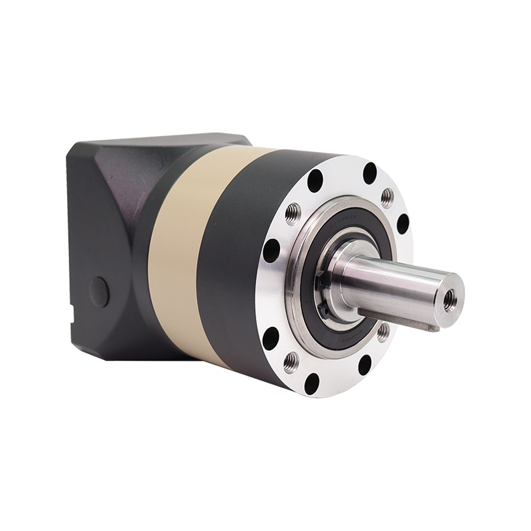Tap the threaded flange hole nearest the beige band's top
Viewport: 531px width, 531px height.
[290, 213]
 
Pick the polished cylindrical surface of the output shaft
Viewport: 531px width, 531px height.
[392, 279]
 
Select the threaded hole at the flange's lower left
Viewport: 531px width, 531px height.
[290, 362]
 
